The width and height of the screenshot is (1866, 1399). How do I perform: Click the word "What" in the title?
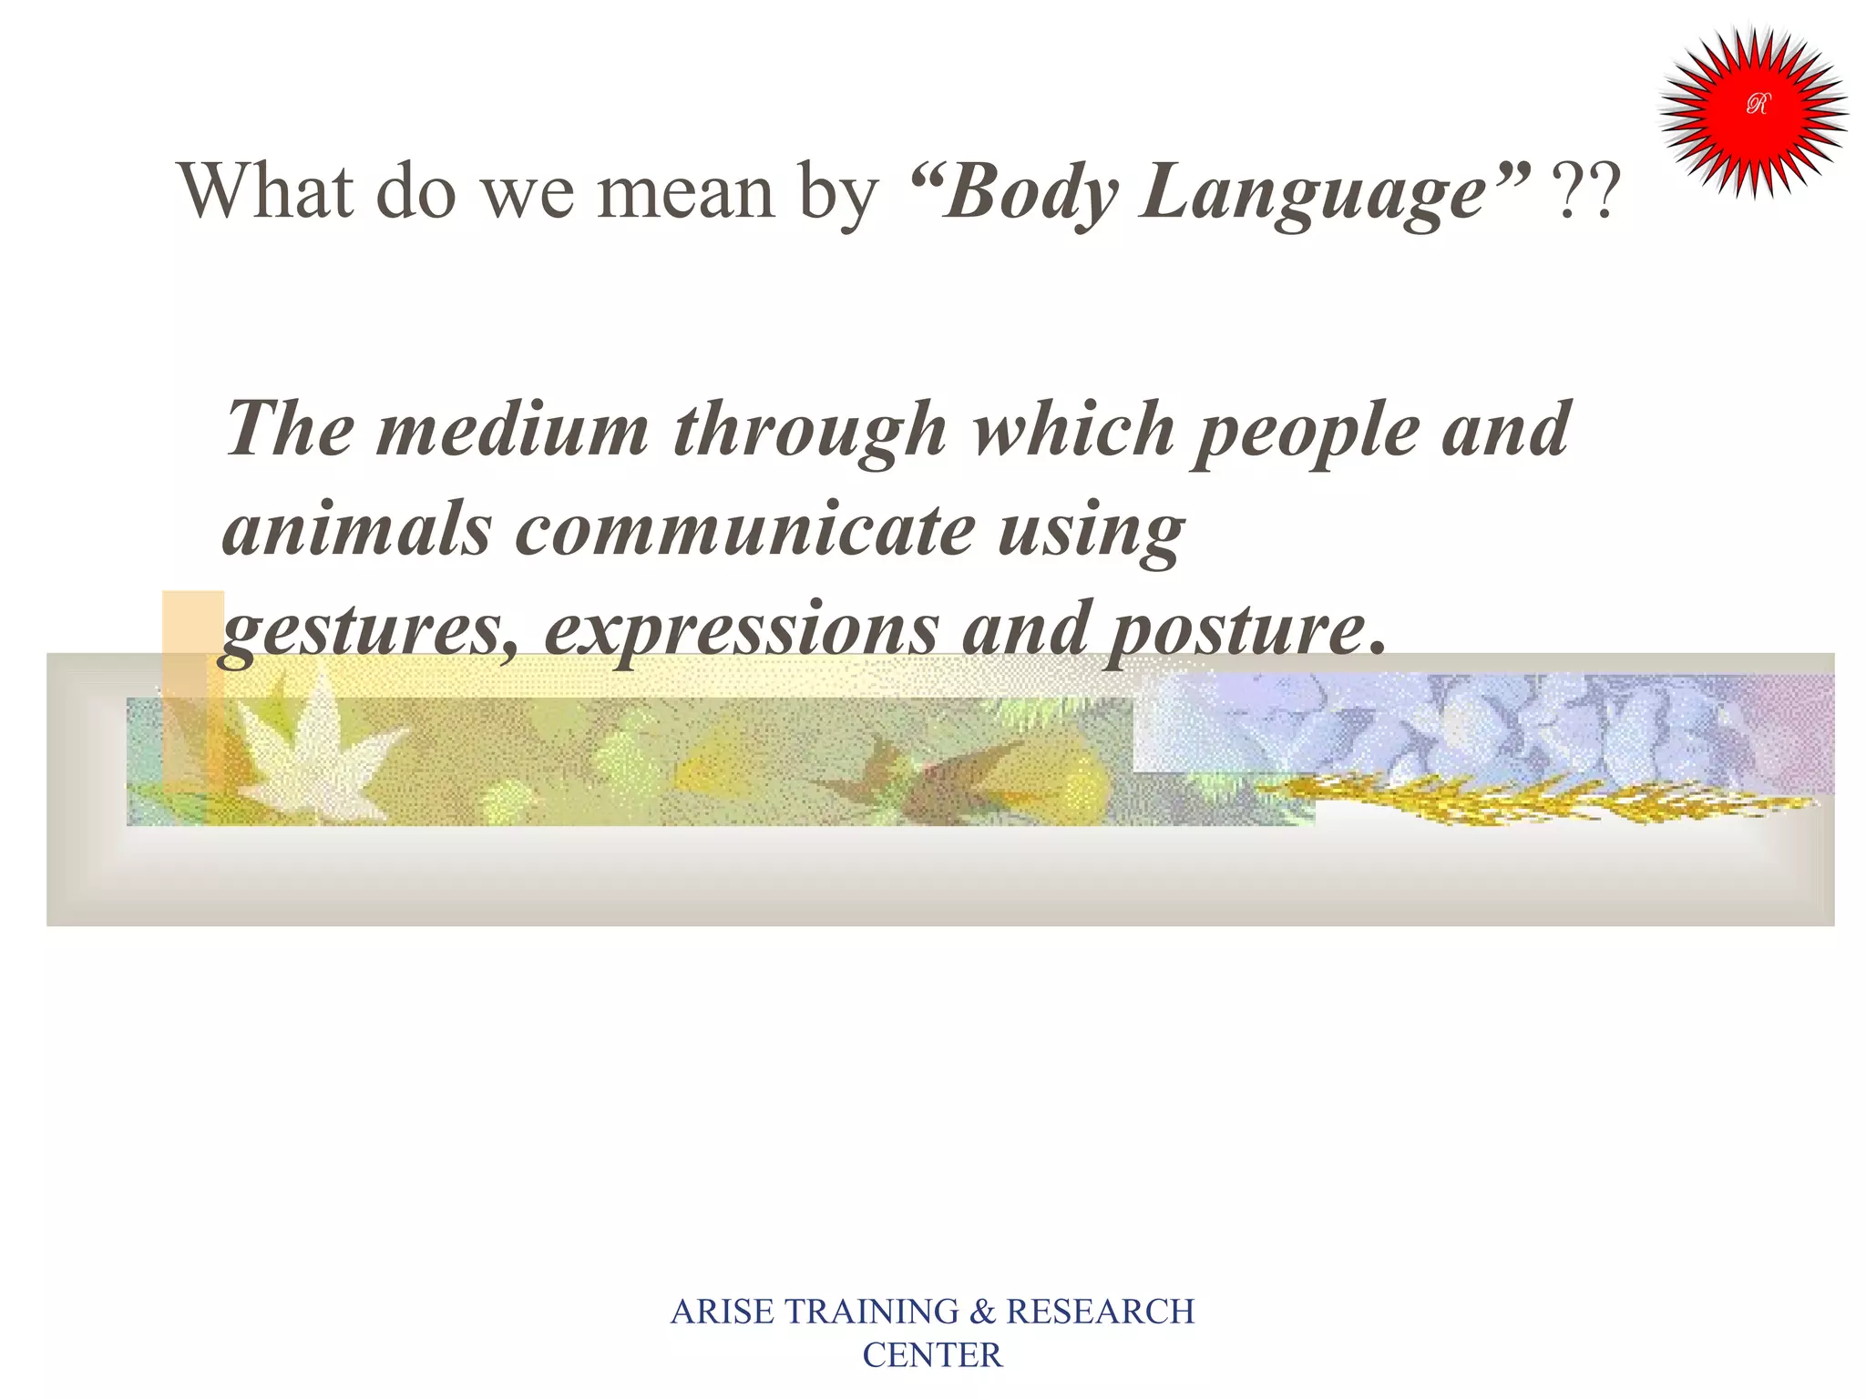(x=265, y=190)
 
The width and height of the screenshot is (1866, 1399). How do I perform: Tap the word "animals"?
(x=356, y=530)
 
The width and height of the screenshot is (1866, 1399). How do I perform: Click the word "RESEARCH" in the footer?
(x=1100, y=1312)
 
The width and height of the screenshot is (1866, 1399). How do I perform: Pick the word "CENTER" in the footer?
(x=932, y=1355)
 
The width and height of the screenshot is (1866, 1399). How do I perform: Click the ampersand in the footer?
(x=982, y=1312)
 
